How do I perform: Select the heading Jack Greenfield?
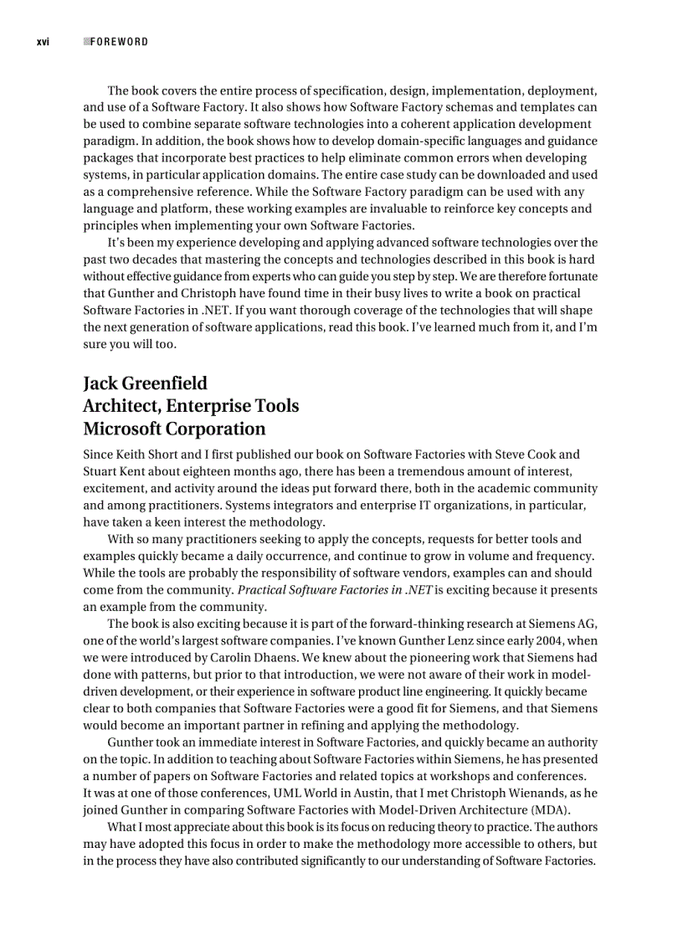(145, 383)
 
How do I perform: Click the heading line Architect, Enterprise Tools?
(191, 406)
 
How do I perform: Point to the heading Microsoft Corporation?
(174, 429)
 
